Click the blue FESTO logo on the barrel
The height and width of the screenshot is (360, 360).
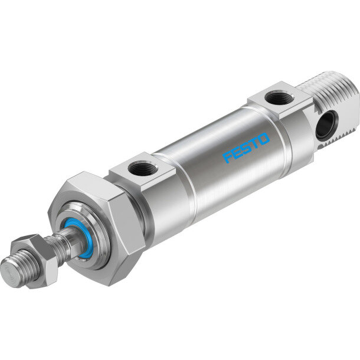(246, 148)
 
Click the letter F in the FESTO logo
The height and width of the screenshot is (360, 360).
(228, 157)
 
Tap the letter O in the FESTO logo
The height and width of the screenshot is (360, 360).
(264, 139)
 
